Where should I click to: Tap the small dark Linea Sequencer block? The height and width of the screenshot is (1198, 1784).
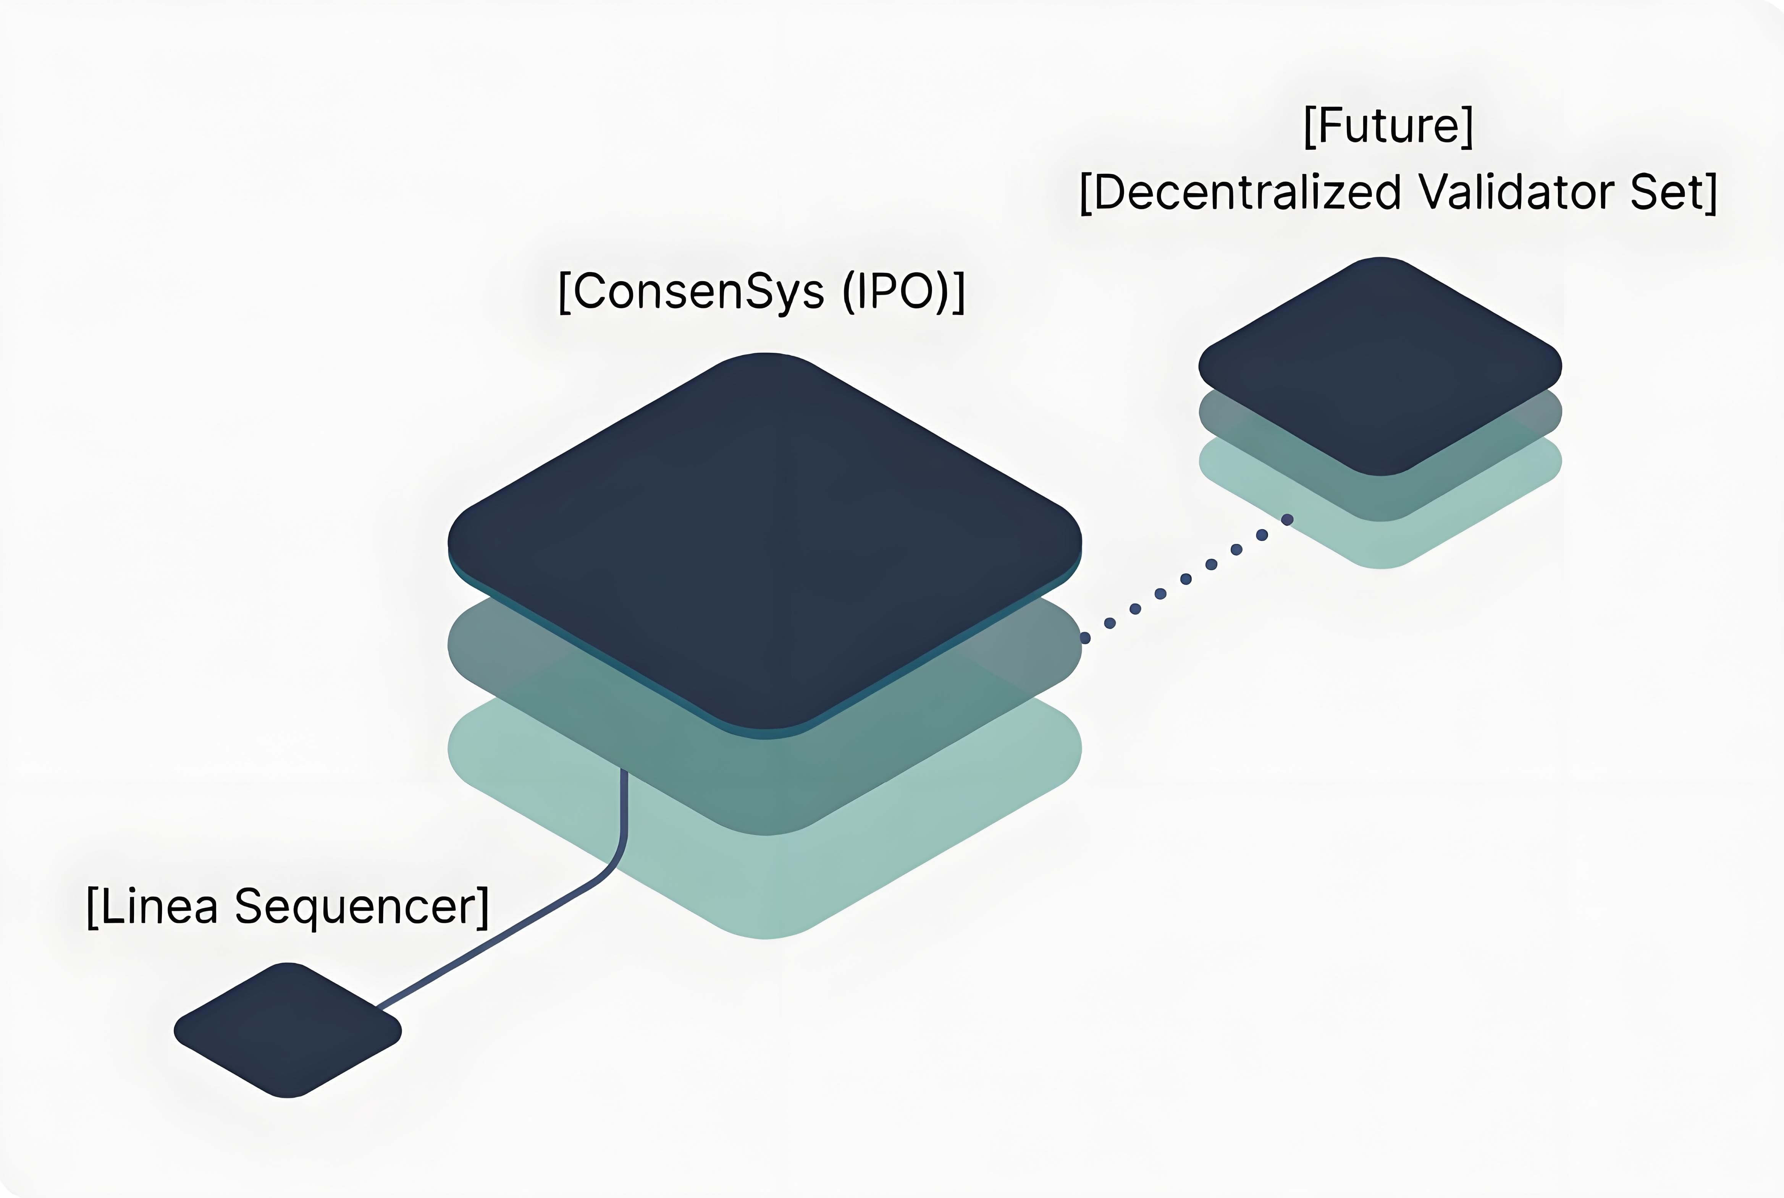[x=287, y=1030]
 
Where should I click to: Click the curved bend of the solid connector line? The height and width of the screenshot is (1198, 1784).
[x=615, y=863]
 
